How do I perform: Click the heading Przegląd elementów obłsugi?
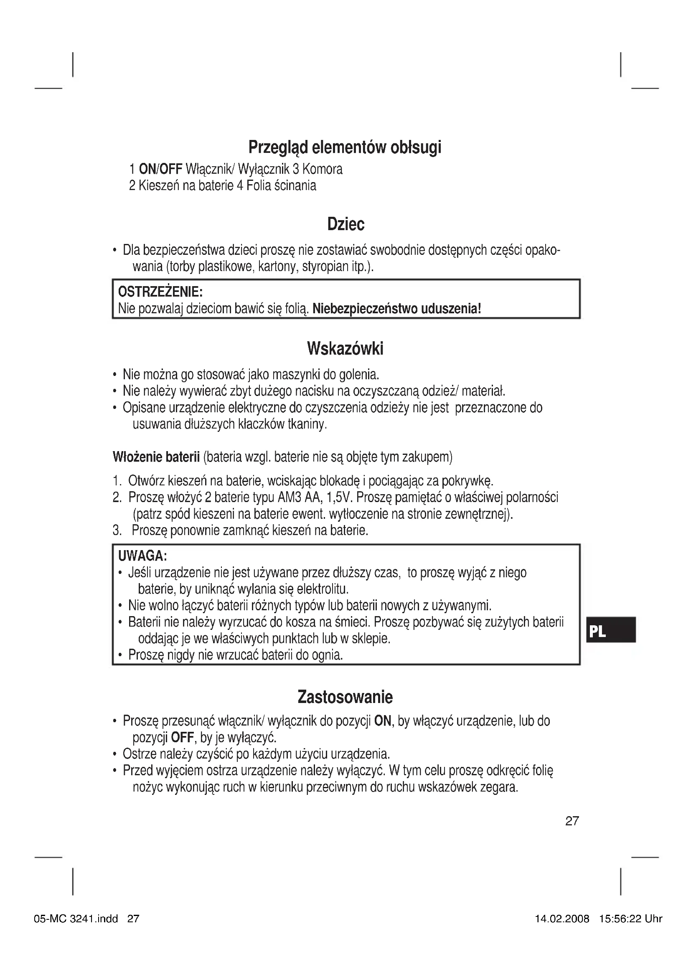click(x=345, y=147)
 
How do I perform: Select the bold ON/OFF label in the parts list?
click(x=160, y=169)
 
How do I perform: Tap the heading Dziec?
click(x=345, y=224)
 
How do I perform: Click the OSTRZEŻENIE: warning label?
click(x=160, y=292)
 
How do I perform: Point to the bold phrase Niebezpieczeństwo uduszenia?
click(x=396, y=308)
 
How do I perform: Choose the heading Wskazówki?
click(x=345, y=349)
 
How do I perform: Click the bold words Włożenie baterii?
click(x=156, y=457)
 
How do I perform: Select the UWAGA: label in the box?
click(x=142, y=556)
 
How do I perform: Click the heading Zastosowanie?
click(x=345, y=697)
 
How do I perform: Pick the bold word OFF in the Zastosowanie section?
click(x=182, y=736)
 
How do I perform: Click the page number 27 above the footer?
click(x=572, y=821)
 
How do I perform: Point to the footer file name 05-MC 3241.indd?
click(x=76, y=919)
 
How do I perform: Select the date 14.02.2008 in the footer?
click(x=561, y=919)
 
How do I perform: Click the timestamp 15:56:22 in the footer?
click(x=620, y=919)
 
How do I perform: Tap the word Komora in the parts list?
click(x=322, y=169)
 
